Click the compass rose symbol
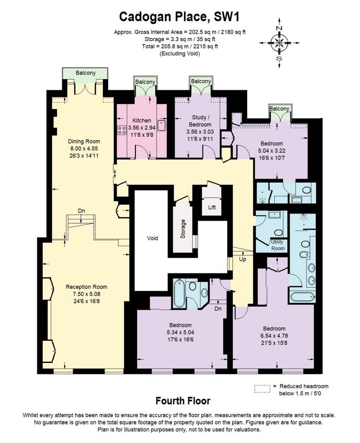279,43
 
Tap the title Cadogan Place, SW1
180,17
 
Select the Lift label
212,207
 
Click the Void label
152,238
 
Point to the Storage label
183,229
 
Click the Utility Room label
277,245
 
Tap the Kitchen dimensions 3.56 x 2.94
142,128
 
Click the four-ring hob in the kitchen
122,130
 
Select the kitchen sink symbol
162,126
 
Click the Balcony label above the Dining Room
85,73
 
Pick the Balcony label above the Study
201,81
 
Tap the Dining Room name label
84,141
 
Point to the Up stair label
243,260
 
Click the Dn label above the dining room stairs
81,211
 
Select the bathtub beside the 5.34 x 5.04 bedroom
179,294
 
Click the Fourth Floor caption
183,401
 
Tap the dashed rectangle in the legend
263,389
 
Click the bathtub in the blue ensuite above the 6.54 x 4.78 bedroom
302,297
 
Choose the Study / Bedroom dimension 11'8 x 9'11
200,139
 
